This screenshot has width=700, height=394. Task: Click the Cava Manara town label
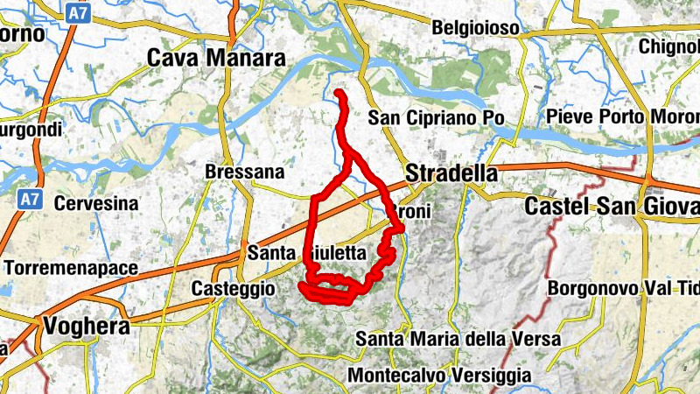click(217, 59)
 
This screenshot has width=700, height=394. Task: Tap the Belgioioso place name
click(475, 29)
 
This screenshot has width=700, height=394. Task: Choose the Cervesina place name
click(96, 203)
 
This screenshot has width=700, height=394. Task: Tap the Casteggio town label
click(234, 288)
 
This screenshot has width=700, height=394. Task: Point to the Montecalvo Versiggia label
click(439, 375)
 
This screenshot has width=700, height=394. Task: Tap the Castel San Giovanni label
click(612, 207)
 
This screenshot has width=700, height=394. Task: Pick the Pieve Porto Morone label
click(622, 117)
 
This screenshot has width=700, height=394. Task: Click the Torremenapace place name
click(59, 265)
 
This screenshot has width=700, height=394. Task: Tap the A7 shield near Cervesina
click(29, 199)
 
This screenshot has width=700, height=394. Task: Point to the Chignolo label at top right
click(669, 46)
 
